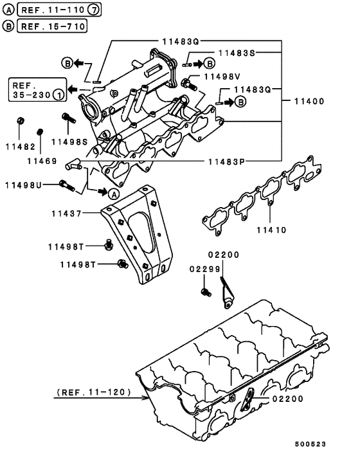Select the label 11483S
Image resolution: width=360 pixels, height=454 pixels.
[237, 52]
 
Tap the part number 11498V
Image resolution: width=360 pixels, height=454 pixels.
[222, 77]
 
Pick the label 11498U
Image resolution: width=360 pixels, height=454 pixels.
[23, 185]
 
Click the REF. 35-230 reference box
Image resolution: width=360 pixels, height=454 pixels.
[37, 90]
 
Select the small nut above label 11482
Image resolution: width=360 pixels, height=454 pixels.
[20, 120]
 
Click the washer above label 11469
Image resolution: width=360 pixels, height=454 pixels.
[40, 132]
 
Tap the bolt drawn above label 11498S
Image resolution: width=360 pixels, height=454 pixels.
[67, 120]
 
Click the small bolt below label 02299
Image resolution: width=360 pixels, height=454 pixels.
[205, 293]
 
